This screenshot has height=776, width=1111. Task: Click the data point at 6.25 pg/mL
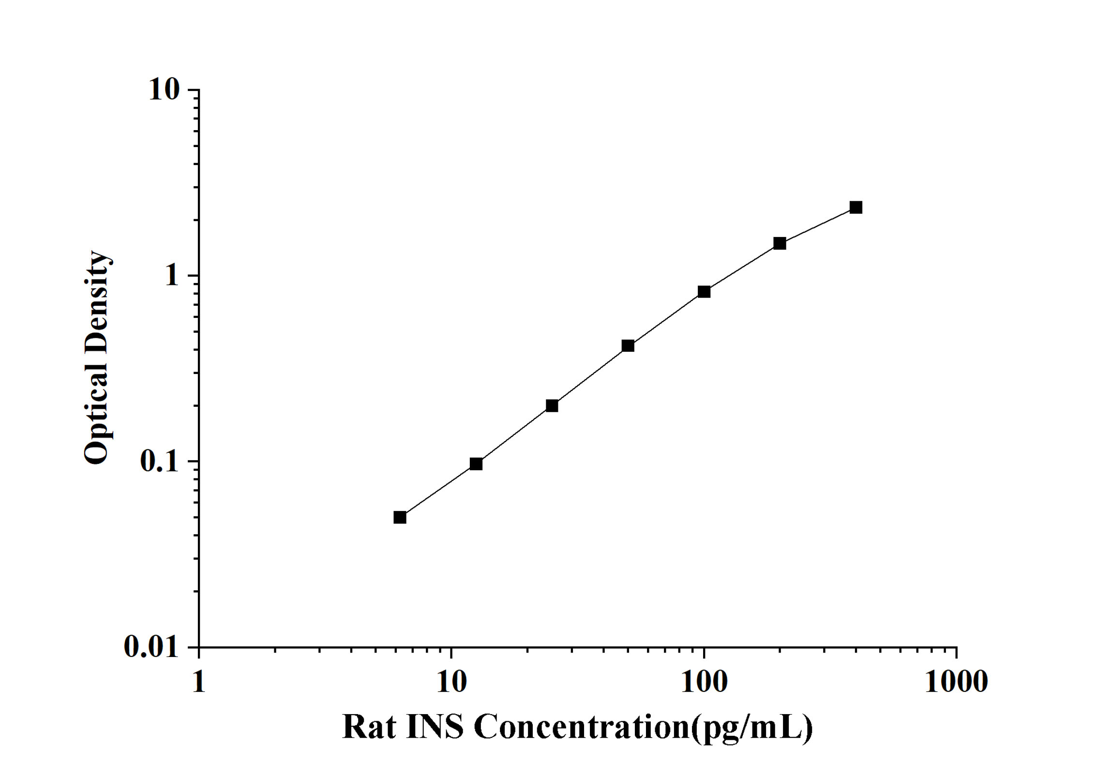[400, 518]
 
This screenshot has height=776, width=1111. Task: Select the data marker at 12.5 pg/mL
[476, 464]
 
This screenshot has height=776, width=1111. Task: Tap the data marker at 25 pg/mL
[552, 405]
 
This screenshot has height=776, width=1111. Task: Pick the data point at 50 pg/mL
[628, 345]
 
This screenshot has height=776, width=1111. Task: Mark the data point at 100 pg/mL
[704, 292]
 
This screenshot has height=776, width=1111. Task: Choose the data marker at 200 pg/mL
[780, 243]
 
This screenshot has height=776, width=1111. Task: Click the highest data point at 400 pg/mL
[856, 208]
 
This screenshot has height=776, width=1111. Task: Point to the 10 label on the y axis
[164, 90]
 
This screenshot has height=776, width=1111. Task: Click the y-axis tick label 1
[172, 276]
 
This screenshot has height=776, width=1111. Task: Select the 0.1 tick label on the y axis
[159, 461]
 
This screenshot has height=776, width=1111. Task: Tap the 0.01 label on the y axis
[150, 646]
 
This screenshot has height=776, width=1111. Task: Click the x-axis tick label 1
[199, 682]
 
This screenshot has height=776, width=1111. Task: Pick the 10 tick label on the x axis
[451, 682]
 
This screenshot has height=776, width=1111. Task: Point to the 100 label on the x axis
[704, 682]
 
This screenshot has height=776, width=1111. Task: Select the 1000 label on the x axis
[956, 682]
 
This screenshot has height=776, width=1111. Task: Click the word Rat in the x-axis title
[369, 727]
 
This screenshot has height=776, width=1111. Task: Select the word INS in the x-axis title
[435, 727]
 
